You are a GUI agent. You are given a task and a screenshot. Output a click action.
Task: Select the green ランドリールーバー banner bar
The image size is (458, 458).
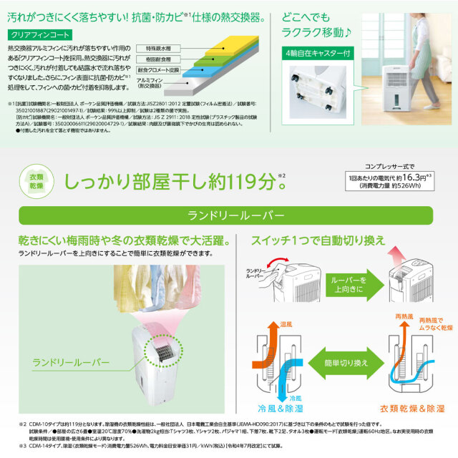229,215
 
